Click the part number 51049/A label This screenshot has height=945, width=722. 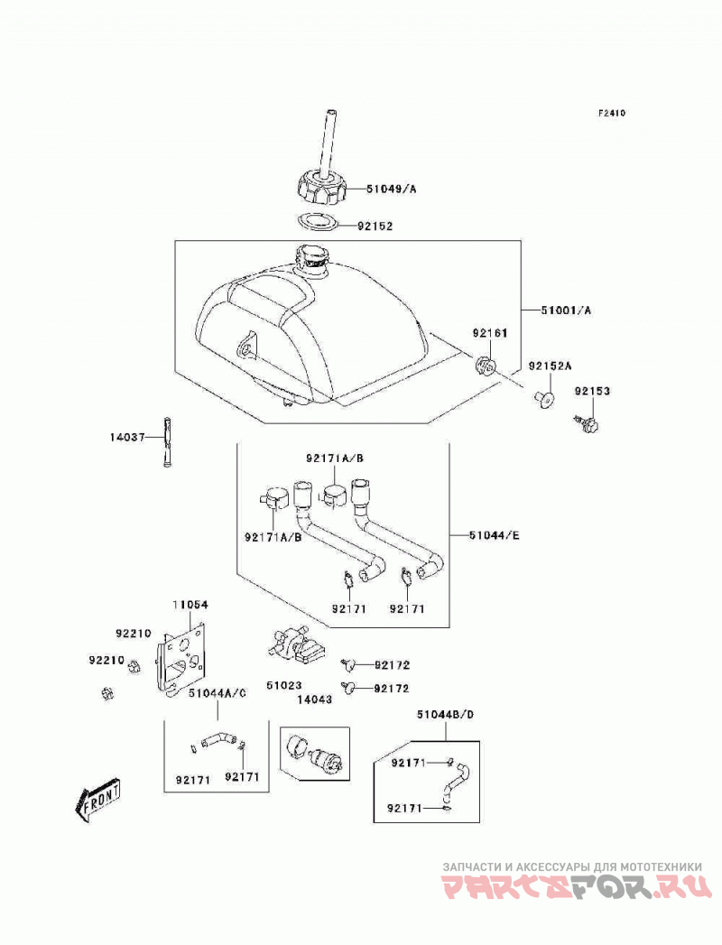point(391,189)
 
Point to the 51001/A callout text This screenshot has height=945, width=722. point(566,310)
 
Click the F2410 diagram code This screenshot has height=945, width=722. point(612,113)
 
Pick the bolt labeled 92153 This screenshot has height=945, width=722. point(586,423)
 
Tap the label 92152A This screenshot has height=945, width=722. point(551,366)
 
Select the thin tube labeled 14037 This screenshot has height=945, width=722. point(167,441)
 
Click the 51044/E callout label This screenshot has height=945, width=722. point(495,534)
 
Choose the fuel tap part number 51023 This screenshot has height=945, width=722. point(284,685)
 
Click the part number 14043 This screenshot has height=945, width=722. point(314,699)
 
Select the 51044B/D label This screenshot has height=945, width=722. point(445,715)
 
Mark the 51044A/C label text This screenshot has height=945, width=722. point(218,693)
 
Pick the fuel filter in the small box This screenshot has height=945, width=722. point(315,754)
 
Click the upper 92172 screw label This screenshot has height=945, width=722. point(392,665)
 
